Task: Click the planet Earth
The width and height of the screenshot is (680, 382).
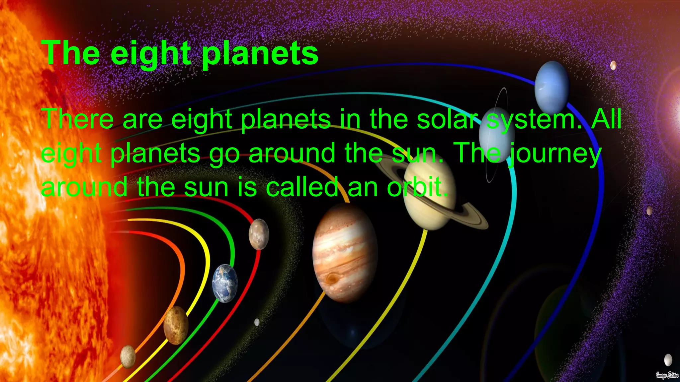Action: coord(225,283)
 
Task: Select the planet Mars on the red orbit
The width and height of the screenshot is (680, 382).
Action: coord(259,234)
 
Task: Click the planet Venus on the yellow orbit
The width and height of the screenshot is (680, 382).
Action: coord(176,325)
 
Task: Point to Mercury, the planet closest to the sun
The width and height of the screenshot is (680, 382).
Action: coord(128,356)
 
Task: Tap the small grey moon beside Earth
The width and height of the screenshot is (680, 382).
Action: coord(257,322)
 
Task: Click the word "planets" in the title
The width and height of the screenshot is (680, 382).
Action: coord(260,54)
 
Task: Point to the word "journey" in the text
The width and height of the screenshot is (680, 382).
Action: coord(555,154)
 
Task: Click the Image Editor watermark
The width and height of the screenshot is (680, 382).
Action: coord(667,375)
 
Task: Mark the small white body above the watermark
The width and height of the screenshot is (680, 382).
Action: coord(668,359)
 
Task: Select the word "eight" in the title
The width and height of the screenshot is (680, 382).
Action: coord(151,54)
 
